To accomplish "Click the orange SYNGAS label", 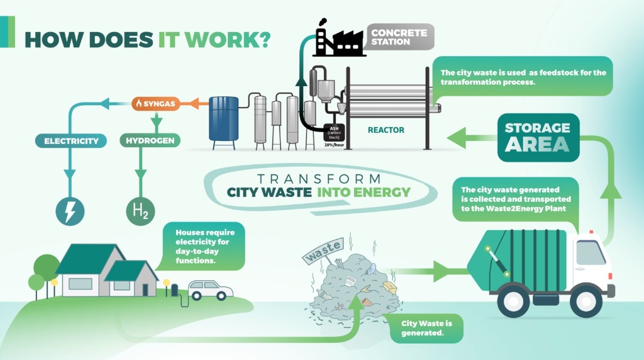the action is coord(156,104).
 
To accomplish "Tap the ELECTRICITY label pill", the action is coord(71,141).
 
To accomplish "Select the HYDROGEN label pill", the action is coord(150,140).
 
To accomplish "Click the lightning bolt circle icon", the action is coord(70,211).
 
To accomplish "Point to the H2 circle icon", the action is coord(140,211).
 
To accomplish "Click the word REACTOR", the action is coord(386,130).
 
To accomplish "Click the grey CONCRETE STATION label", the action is coord(398,37).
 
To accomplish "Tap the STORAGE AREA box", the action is coord(538,137).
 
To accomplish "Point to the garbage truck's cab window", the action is coord(590,253).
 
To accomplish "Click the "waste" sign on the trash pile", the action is coord(324,250).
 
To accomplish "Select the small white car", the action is coord(210,290).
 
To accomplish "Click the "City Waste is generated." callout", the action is coord(427,328).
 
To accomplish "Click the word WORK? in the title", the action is coord(227,40).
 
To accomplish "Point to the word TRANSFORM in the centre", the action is coord(319,179).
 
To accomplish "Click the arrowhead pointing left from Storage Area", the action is coord(456,138).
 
